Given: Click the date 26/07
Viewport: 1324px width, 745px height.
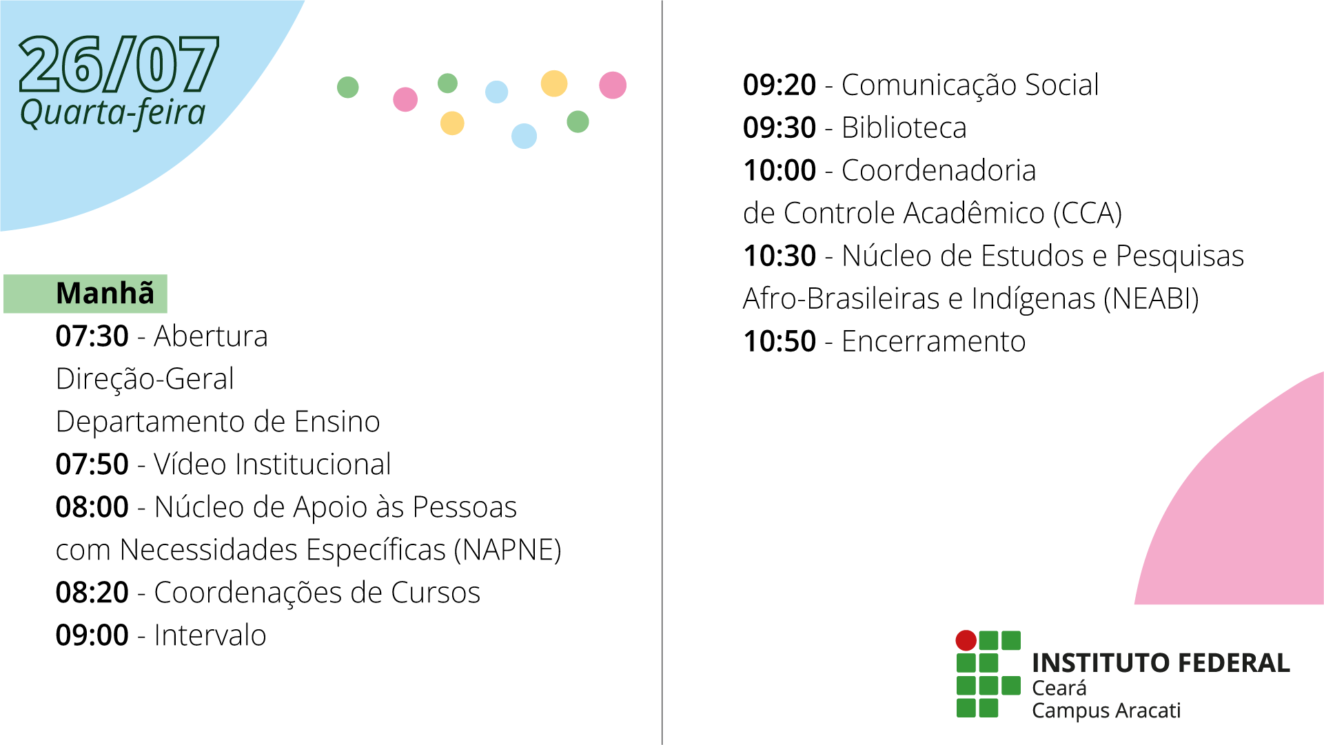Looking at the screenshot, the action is pyautogui.click(x=119, y=64).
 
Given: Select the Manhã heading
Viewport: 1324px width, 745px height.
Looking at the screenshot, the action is pyautogui.click(x=105, y=293).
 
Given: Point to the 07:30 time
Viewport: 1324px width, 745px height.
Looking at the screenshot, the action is pyautogui.click(x=92, y=336).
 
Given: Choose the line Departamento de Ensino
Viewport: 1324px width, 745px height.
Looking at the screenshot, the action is pyautogui.click(x=218, y=422).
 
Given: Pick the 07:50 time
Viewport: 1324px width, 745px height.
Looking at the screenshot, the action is pyautogui.click(x=92, y=465).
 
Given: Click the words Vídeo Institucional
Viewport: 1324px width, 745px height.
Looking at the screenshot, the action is pyautogui.click(x=272, y=465).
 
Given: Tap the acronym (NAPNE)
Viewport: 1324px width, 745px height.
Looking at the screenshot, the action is pyautogui.click(x=508, y=550).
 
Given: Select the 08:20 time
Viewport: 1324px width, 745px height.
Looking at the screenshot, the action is pyautogui.click(x=92, y=593).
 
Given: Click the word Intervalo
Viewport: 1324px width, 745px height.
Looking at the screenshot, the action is pyautogui.click(x=210, y=635).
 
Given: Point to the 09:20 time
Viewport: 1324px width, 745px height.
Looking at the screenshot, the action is pyautogui.click(x=780, y=85).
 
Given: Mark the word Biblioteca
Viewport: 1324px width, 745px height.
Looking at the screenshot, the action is pyautogui.click(x=904, y=128).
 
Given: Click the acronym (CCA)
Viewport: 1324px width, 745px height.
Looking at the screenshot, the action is pyautogui.click(x=1088, y=214).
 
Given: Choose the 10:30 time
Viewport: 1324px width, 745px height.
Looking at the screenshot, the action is pyautogui.click(x=780, y=256).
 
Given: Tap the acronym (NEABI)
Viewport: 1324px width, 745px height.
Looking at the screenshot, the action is pyautogui.click(x=1151, y=299).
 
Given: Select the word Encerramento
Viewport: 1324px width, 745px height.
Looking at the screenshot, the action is pyautogui.click(x=933, y=342).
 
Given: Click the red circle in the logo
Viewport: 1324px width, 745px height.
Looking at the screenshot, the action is pyautogui.click(x=966, y=640).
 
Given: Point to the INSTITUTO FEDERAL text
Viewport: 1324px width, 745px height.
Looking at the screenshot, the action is pyautogui.click(x=1161, y=663).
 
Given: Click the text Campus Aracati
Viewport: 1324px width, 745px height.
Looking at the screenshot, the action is pyautogui.click(x=1106, y=711).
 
